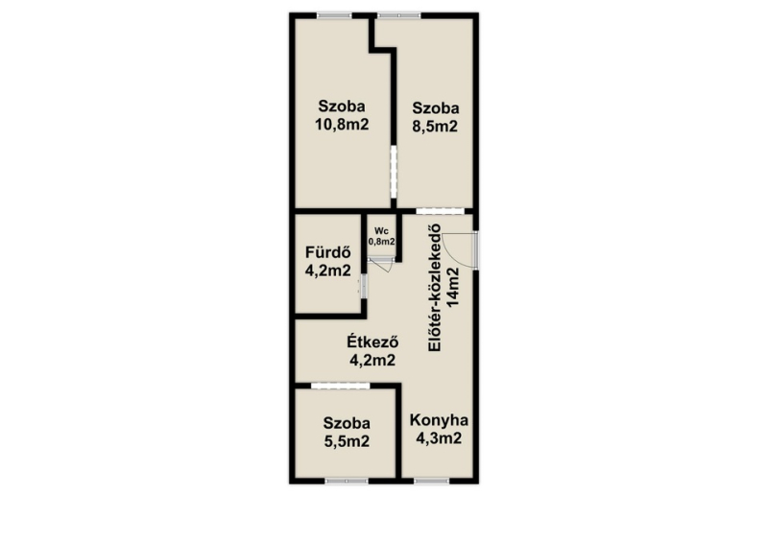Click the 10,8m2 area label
[x=342, y=125]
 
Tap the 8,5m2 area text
[x=435, y=127]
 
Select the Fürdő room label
[x=327, y=252]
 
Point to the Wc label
[x=381, y=231]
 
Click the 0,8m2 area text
[x=381, y=242]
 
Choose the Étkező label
[x=372, y=342]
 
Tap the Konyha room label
[x=439, y=420]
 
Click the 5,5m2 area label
[x=347, y=441]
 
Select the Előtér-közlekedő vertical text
[x=435, y=288]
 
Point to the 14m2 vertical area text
[x=453, y=288]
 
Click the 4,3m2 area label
[x=439, y=438]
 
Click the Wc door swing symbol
[x=383, y=265]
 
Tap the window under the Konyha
[x=431, y=482]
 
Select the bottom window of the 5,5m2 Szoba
[x=347, y=482]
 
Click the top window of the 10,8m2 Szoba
[x=334, y=15]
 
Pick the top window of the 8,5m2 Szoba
[x=399, y=15]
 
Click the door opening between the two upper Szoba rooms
[x=394, y=172]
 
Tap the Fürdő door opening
[x=364, y=287]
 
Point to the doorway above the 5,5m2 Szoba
[x=341, y=386]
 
